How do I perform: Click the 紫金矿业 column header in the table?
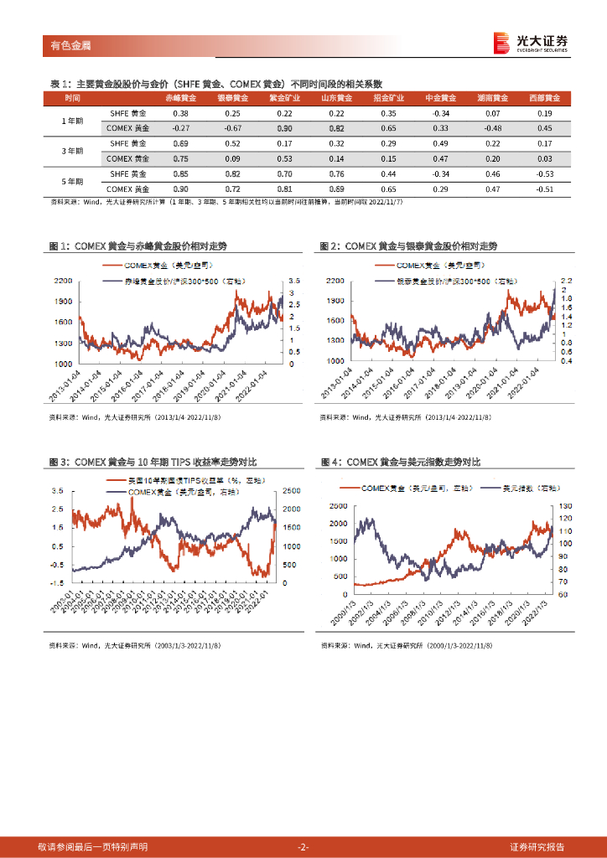(283, 98)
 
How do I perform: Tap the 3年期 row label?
(74, 151)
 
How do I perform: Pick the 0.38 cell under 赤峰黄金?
(180, 113)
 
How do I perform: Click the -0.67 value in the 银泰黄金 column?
(232, 128)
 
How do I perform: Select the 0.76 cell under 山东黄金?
(336, 174)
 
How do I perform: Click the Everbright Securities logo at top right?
(530, 43)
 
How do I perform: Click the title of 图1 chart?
(138, 246)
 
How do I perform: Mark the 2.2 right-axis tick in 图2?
(566, 280)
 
